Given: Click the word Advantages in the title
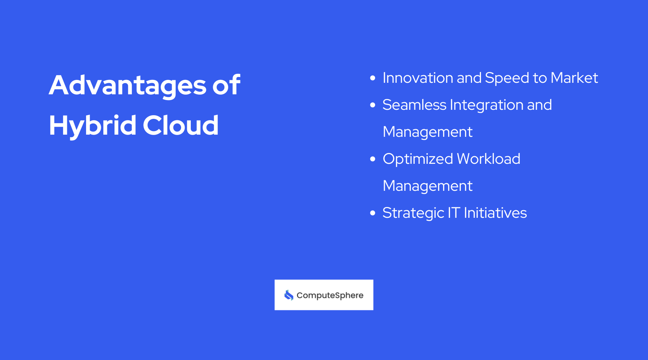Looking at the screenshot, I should (127, 86).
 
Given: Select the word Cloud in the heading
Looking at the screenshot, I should (180, 126).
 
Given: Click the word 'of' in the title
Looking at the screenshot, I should (226, 85).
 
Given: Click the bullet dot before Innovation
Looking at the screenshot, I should (373, 78).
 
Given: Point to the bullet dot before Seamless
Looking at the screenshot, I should (373, 105).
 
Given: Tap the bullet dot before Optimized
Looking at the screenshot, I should (373, 159).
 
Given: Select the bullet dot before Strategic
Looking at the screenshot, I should (373, 213).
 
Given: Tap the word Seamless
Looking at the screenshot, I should (414, 105).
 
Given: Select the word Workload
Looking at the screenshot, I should (488, 159).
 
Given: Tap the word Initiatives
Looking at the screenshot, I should (495, 213).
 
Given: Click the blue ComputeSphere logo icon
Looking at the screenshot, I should (289, 295).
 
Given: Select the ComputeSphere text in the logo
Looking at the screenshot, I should (330, 296).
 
